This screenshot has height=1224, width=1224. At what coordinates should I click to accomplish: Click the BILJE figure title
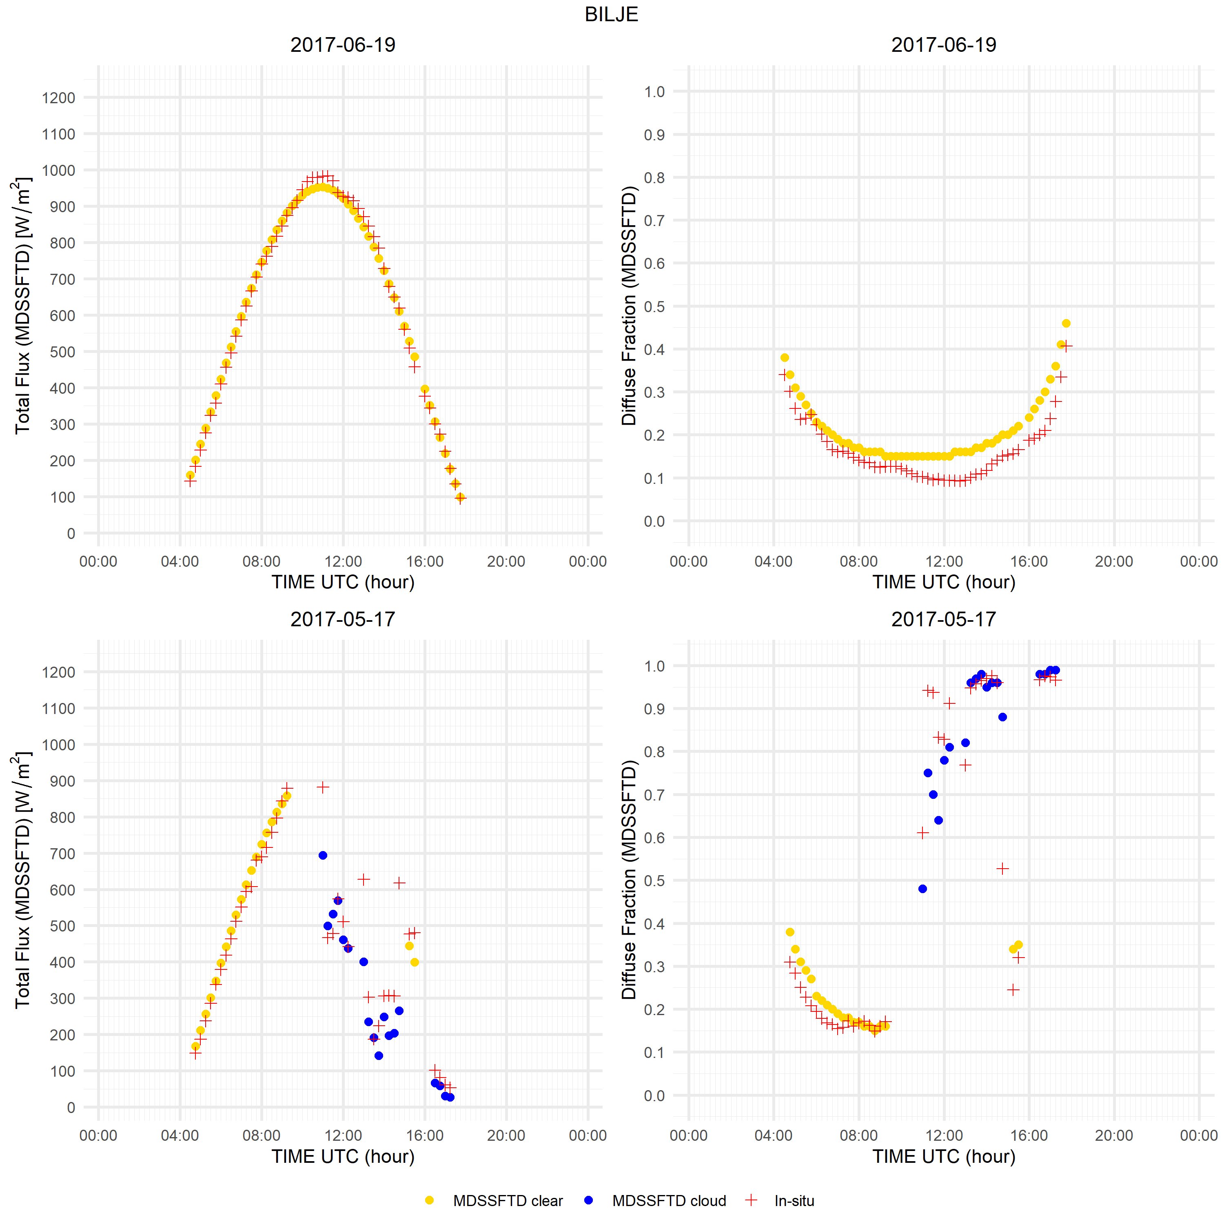pos(611,15)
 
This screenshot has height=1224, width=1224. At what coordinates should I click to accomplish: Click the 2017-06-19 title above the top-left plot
pos(343,45)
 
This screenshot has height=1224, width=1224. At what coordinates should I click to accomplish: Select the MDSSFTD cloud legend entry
pos(668,1201)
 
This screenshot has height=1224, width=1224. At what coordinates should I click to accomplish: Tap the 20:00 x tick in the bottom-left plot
pos(506,1135)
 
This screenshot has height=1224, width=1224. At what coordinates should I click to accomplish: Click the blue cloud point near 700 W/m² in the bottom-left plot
pos(322,855)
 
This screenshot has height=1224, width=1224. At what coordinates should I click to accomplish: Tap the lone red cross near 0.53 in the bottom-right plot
pos(1002,869)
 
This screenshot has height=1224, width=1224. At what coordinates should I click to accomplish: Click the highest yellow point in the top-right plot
pos(1066,324)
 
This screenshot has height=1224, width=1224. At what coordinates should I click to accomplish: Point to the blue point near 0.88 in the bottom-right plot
pos(1002,717)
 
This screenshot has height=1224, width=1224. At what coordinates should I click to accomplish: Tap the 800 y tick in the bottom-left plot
pos(59,817)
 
